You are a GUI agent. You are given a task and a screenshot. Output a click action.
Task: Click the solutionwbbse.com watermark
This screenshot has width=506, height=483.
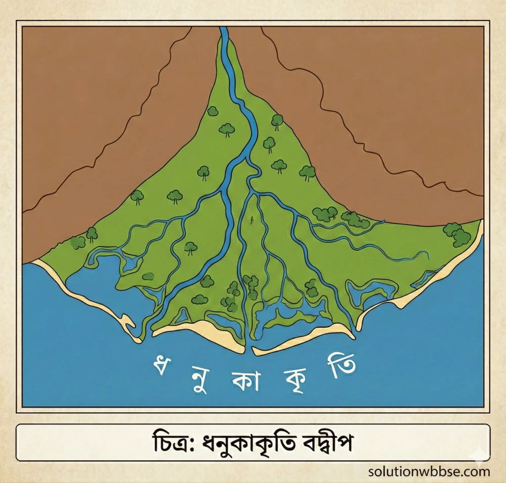tap(429, 471)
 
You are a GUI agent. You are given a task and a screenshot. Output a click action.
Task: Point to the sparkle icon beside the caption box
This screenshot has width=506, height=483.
tap(477, 458)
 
